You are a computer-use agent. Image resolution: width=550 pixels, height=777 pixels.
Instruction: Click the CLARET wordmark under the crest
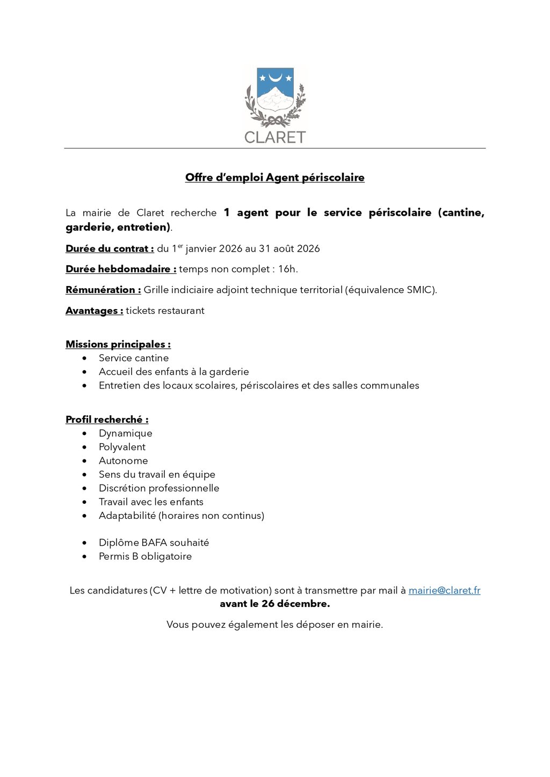(x=274, y=137)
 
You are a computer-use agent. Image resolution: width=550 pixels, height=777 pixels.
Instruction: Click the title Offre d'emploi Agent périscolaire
(x=274, y=178)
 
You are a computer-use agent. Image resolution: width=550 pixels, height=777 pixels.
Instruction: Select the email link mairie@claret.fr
(x=444, y=590)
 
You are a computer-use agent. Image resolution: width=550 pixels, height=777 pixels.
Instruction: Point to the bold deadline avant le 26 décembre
(x=274, y=604)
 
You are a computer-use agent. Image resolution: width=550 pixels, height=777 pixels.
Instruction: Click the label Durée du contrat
(x=110, y=248)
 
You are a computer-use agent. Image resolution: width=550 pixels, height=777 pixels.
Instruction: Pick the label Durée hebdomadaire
(x=121, y=269)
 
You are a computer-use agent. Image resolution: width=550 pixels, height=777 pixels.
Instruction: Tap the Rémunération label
(x=103, y=290)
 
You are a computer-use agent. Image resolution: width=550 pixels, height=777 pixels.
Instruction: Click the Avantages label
(x=94, y=311)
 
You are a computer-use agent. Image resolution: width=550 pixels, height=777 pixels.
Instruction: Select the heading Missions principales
(x=118, y=344)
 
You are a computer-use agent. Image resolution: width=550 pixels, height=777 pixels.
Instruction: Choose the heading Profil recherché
(x=107, y=419)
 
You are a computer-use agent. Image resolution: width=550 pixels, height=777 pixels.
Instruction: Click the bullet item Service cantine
(x=134, y=358)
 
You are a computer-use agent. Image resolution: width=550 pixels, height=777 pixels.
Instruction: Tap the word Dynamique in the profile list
(x=126, y=433)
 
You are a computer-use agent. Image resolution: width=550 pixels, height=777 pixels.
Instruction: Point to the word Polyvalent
(x=122, y=447)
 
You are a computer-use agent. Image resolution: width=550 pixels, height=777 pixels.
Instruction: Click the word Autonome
(x=123, y=460)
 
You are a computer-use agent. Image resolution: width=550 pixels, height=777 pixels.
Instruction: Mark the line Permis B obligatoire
(x=145, y=556)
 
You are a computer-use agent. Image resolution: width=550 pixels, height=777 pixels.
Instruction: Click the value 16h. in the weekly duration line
(x=288, y=269)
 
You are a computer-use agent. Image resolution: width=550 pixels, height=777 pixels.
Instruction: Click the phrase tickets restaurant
(x=165, y=311)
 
